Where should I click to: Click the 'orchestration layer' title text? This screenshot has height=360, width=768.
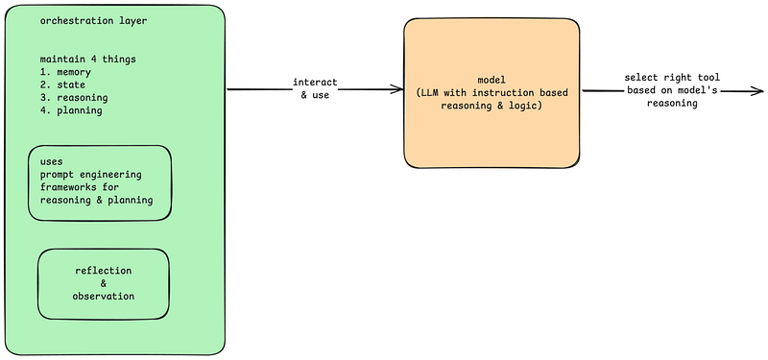(x=93, y=21)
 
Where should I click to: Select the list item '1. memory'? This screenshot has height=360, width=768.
(x=65, y=73)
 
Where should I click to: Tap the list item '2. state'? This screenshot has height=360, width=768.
(x=62, y=85)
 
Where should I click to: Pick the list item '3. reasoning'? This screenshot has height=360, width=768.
(x=74, y=98)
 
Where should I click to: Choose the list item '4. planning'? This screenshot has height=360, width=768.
(x=71, y=110)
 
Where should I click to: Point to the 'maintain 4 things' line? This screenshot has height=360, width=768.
(x=87, y=60)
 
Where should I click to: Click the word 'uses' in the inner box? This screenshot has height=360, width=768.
(x=52, y=162)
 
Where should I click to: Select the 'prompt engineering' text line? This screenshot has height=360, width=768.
(x=91, y=175)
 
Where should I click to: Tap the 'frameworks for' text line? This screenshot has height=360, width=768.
(x=80, y=187)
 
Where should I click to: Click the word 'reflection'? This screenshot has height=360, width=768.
(x=104, y=271)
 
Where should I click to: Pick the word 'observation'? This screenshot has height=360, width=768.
(x=104, y=297)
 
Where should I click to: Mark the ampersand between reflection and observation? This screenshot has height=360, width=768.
(x=104, y=283)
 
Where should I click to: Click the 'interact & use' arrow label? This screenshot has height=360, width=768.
(x=315, y=88)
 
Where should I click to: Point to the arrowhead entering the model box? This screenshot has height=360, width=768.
(x=396, y=89)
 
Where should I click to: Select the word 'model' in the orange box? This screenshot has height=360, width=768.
(x=492, y=81)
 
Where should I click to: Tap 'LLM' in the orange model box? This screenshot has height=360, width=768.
(x=429, y=93)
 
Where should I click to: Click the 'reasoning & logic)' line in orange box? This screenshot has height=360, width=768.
(x=492, y=106)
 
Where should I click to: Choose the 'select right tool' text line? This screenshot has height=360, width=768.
(x=672, y=78)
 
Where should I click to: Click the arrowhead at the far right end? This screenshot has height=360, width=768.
(x=756, y=90)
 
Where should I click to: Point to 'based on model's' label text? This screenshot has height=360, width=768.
(x=672, y=90)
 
